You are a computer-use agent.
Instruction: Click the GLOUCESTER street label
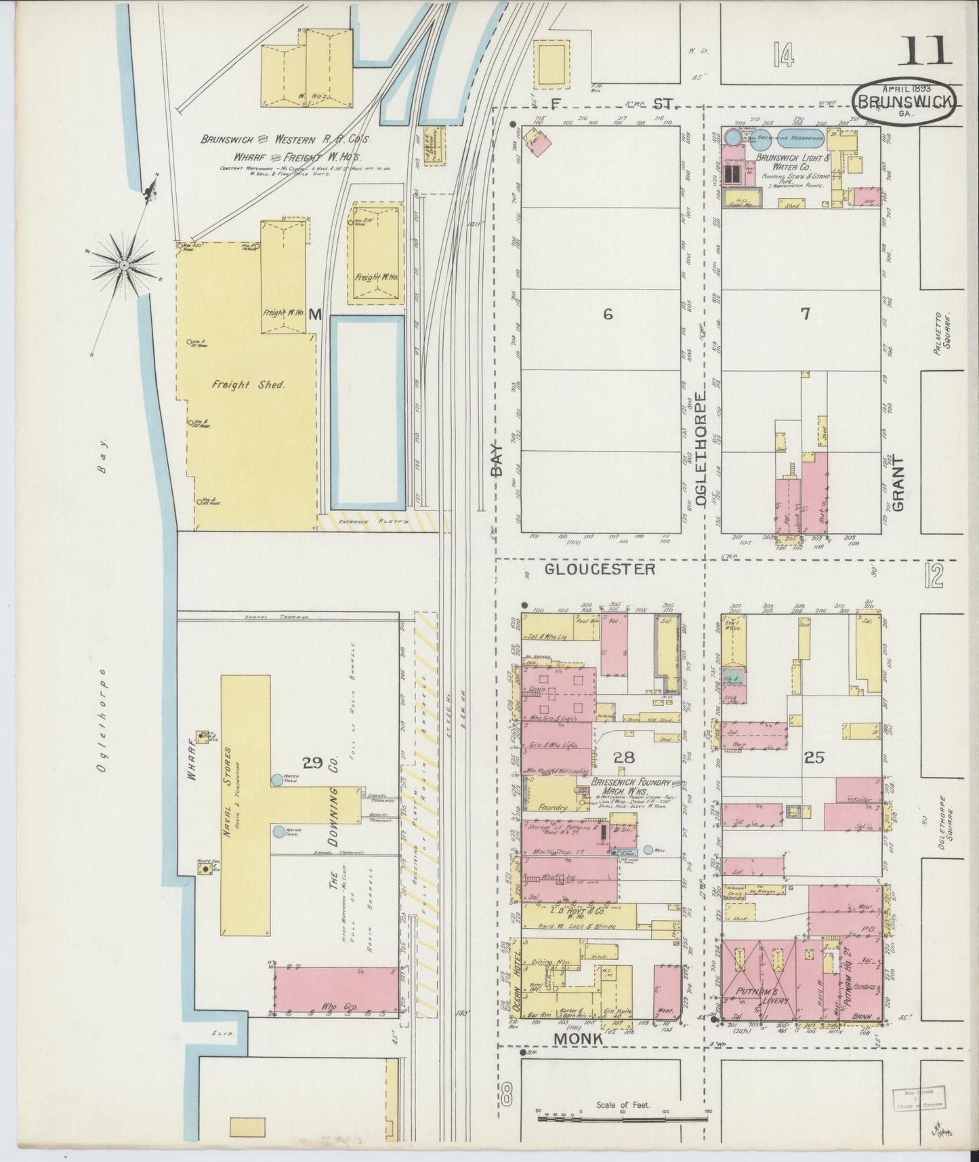[x=600, y=569]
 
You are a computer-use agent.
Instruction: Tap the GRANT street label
[x=898, y=483]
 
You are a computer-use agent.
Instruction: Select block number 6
[x=608, y=313]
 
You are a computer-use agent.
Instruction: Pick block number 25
[x=813, y=758]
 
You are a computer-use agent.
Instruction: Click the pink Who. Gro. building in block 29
[x=336, y=990]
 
